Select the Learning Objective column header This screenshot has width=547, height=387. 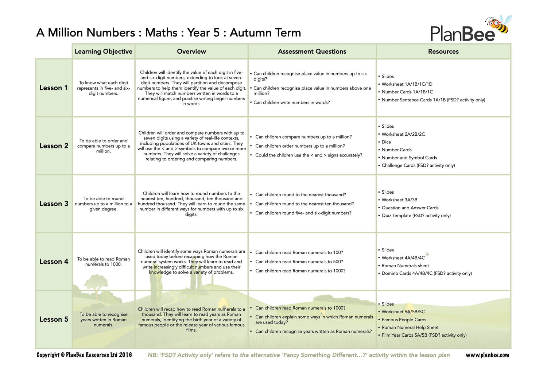coord(104,51)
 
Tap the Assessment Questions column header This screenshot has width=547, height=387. coord(312,51)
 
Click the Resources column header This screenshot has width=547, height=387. coord(443,51)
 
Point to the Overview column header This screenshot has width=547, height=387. coord(191,51)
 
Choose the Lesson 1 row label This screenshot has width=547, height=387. coord(54,88)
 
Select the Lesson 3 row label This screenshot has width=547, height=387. coord(54,204)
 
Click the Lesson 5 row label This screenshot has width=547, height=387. coord(54,319)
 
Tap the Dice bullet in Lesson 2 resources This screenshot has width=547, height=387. coord(386,142)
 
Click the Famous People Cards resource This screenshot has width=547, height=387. coord(404,320)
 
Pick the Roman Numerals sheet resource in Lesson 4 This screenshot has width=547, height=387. coord(405,266)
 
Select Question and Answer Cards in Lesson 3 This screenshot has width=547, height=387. coord(410,208)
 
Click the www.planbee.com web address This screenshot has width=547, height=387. coord(487,355)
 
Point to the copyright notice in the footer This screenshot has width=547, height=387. coord(84,355)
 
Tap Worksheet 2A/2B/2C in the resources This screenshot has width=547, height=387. coord(403,134)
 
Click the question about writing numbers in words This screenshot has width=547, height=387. coord(291,102)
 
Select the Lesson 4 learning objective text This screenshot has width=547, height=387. coord(104,262)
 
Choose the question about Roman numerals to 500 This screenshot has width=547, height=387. coord(299,262)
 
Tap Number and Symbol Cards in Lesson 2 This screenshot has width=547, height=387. coord(409,158)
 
